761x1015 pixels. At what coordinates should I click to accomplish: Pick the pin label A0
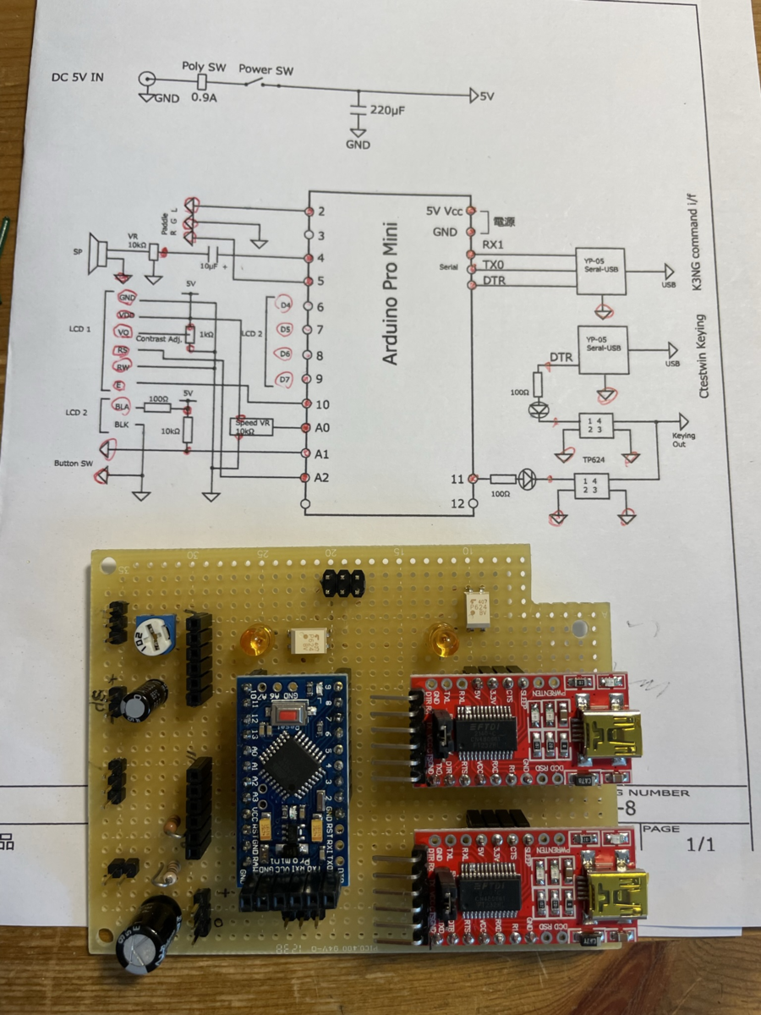321,429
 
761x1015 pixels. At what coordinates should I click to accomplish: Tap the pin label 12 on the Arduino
457,504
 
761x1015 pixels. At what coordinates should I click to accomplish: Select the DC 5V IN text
79,79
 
